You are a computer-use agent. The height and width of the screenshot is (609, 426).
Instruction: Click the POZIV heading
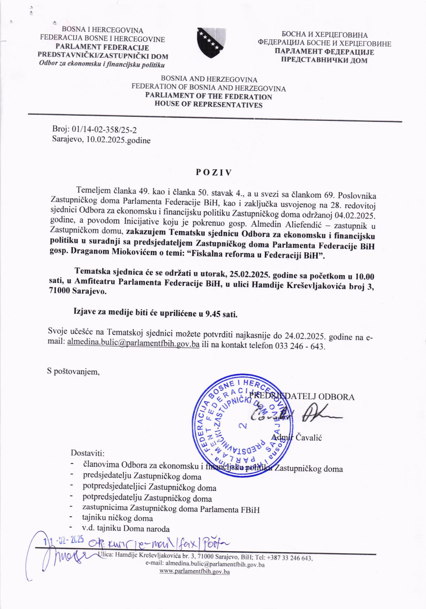(214, 172)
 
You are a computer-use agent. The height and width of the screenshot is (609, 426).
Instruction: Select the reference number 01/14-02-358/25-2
(102, 129)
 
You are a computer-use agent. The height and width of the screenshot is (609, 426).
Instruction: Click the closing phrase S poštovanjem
(73, 372)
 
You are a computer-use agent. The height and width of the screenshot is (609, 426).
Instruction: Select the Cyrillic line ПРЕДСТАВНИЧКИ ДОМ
(324, 61)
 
